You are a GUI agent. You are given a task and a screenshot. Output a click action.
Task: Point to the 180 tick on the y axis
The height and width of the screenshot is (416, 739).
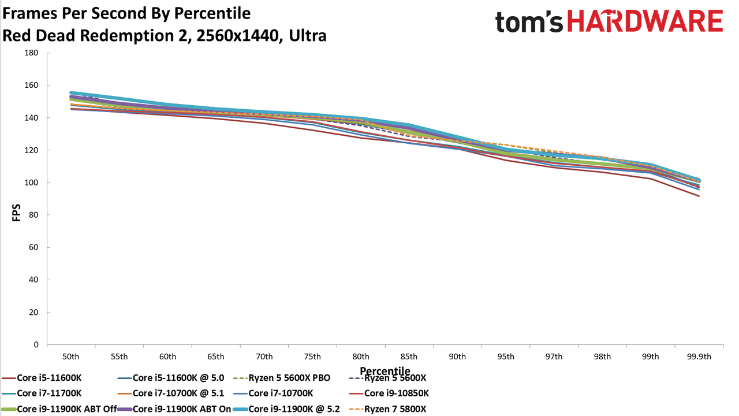coord(31,53)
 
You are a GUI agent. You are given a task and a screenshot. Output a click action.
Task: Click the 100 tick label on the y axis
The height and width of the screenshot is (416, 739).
coord(31,183)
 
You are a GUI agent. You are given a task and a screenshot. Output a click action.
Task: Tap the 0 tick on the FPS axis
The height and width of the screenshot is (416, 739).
coord(36,345)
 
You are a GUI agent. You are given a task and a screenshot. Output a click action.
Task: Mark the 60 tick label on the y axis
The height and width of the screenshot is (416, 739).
coord(33,247)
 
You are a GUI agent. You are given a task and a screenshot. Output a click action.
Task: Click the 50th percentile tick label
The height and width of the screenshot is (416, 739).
coord(71,357)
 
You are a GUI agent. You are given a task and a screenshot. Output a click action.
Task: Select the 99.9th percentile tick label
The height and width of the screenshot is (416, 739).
coord(699,357)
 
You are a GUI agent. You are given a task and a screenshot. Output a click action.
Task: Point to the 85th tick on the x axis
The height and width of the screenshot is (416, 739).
coord(409,357)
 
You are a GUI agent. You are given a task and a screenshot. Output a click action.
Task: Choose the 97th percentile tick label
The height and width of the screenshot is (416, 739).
coord(554,357)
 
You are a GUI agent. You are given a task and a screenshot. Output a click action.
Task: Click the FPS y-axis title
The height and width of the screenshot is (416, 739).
coord(16,213)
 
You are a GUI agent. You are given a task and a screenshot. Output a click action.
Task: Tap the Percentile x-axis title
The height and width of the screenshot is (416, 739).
coord(385,371)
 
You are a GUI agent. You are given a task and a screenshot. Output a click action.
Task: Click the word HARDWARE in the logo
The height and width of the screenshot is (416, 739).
coord(645,21)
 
